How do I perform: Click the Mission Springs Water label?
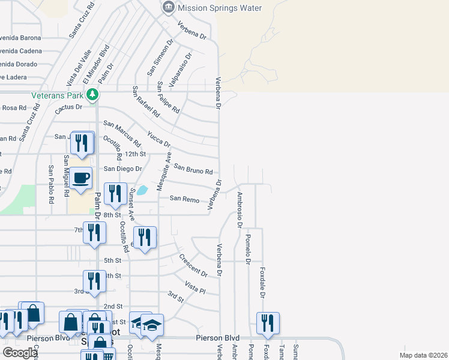tap(220, 8)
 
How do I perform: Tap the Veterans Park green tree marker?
tap(92, 94)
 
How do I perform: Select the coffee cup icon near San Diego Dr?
tap(80, 178)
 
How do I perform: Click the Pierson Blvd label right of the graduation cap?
tap(217, 338)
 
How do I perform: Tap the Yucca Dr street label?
tap(159, 139)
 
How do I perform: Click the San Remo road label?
tap(184, 199)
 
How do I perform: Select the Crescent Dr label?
tap(193, 265)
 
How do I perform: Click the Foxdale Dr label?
tap(262, 283)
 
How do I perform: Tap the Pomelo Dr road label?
tap(247, 250)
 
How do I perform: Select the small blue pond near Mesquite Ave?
tap(142, 191)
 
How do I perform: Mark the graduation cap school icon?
tap(152, 325)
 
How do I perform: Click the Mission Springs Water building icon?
tap(168, 8)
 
